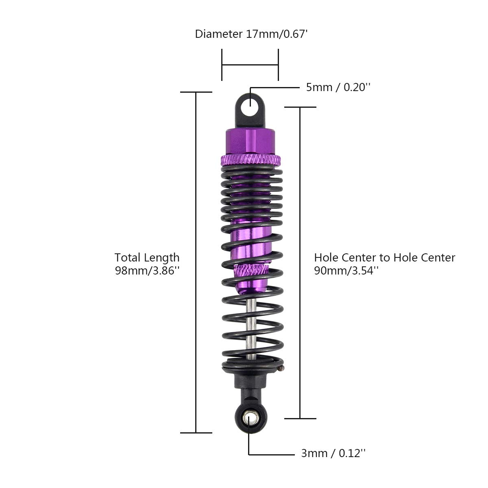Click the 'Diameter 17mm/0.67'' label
point(251,34)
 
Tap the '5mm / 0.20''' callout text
point(338,87)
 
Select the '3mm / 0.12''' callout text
point(333,453)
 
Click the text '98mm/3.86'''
point(147,271)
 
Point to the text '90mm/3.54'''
point(346,271)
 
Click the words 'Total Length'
point(147,257)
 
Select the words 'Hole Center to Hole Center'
point(385,257)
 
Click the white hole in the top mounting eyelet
point(250,107)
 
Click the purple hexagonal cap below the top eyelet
point(250,142)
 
